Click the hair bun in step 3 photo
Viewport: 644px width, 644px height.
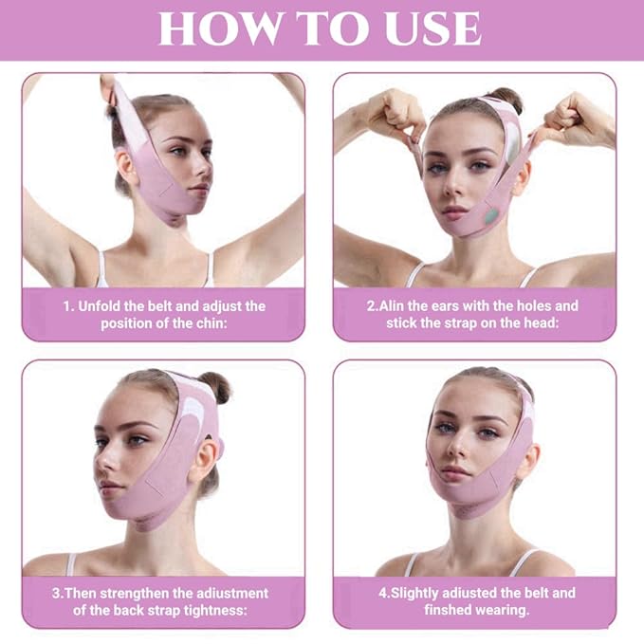[215, 386]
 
